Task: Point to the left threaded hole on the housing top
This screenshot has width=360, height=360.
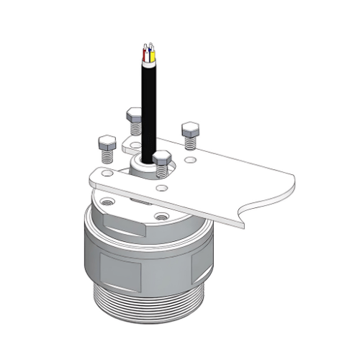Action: click(x=107, y=202)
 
